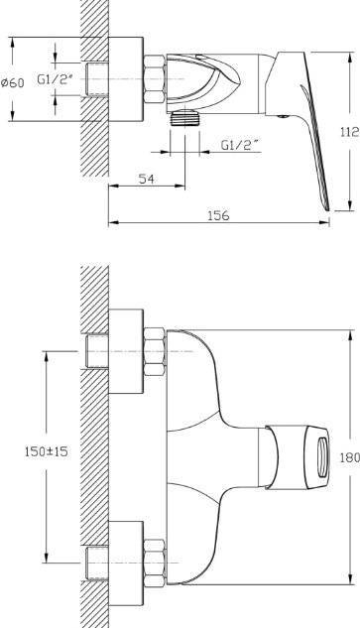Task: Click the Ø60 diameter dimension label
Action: point(13,83)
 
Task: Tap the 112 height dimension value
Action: point(350,132)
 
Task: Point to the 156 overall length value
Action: point(218,215)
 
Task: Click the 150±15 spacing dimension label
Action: point(46,451)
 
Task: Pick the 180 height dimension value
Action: point(350,457)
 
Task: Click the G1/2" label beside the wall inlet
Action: point(55,79)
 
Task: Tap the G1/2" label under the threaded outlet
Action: point(239,146)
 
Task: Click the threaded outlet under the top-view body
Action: point(184,118)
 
